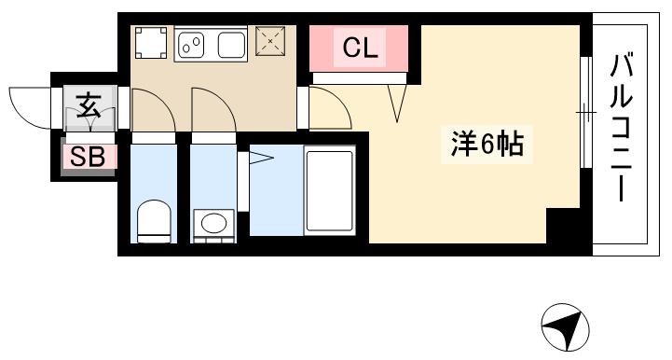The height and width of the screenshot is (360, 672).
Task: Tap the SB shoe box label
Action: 89,157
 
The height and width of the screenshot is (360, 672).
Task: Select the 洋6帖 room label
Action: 487,145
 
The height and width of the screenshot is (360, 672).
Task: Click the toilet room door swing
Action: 152,109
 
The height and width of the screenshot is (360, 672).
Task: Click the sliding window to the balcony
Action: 585,113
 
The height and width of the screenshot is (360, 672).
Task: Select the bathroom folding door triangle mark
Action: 260,159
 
